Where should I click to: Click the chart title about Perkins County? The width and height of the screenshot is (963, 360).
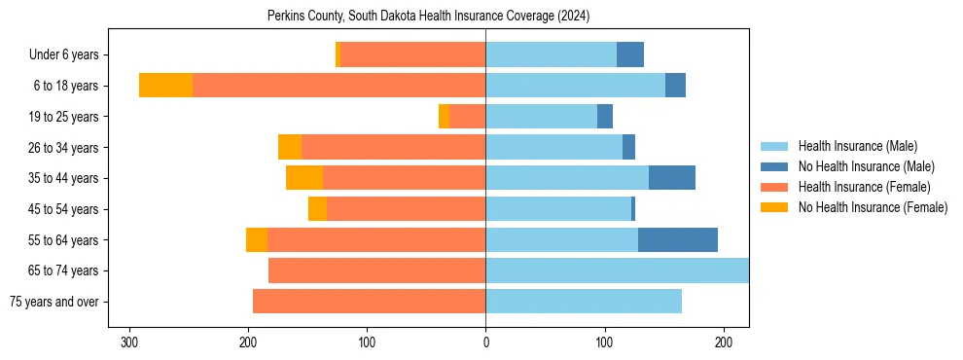tap(428, 17)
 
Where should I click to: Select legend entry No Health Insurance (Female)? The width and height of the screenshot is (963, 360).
tap(873, 207)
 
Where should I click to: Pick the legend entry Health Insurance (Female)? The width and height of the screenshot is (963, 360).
tap(864, 187)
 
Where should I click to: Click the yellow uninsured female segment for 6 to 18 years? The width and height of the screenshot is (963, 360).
tap(165, 86)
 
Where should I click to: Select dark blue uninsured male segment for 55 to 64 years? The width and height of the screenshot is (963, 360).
tap(678, 240)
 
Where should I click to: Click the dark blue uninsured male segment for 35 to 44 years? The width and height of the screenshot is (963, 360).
tap(672, 178)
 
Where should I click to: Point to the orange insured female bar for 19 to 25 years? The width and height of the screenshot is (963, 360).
tap(468, 117)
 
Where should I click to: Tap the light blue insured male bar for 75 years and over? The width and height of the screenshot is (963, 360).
tap(584, 302)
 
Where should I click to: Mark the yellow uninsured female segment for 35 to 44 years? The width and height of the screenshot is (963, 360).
tap(304, 178)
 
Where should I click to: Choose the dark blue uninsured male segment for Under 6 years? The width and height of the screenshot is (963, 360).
tap(630, 54)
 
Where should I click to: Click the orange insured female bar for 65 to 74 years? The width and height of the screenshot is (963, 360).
tap(377, 270)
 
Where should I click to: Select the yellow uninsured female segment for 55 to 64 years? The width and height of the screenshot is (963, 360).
tap(257, 240)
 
